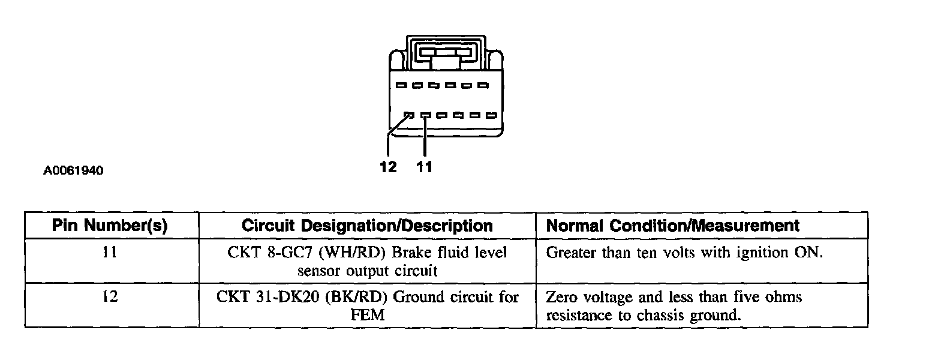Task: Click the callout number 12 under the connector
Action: [x=388, y=167]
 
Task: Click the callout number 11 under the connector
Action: [x=425, y=167]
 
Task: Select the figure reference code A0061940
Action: [x=73, y=171]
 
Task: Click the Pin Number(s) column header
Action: [x=110, y=226]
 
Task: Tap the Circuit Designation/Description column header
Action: [x=367, y=226]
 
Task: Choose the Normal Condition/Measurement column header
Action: [x=672, y=226]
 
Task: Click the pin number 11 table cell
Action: [x=110, y=253]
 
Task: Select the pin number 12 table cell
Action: [x=110, y=297]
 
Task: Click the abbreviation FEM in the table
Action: [x=367, y=315]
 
